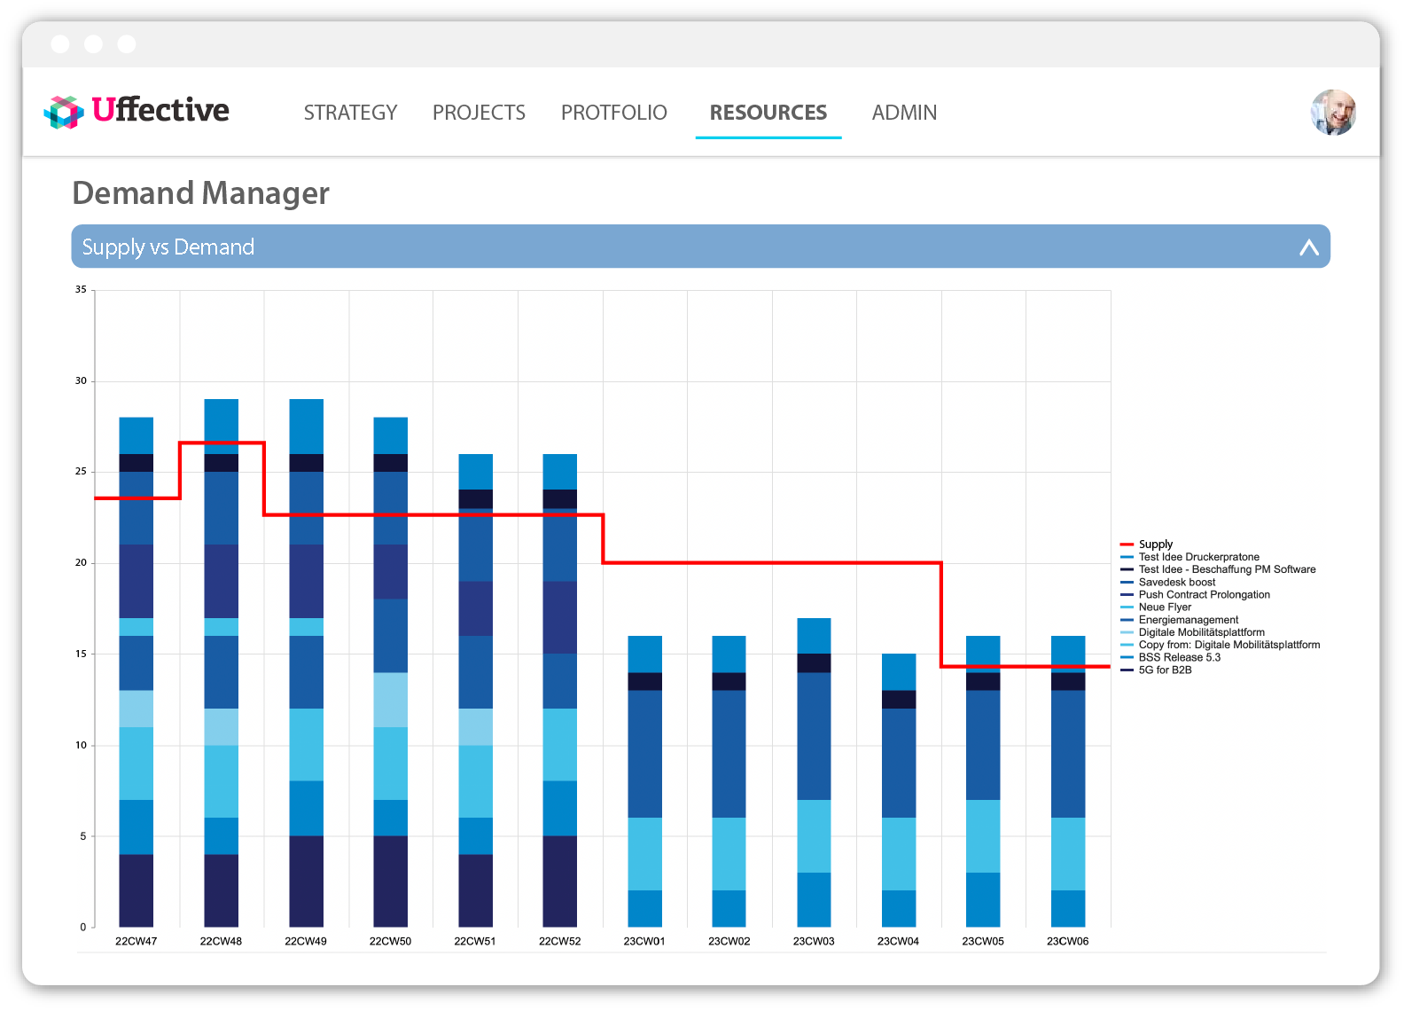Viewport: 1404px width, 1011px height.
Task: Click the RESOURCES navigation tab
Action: tap(768, 113)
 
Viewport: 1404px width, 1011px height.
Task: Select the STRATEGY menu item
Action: tap(350, 113)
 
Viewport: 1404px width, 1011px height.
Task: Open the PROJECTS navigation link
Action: tap(479, 113)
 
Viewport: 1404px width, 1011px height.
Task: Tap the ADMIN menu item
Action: tap(904, 113)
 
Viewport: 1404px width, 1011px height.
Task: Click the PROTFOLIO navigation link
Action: tap(613, 113)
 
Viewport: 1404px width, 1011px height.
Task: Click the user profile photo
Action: tap(1333, 113)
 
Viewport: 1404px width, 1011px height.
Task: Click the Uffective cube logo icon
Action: tap(63, 113)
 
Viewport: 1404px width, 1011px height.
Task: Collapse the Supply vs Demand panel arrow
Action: tap(1308, 247)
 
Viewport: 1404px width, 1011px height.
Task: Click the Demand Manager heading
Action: tap(200, 193)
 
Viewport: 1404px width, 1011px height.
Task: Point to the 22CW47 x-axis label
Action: tap(136, 941)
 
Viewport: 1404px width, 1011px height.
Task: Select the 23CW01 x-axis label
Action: tap(644, 941)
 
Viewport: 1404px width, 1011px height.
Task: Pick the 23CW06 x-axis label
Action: tap(1067, 941)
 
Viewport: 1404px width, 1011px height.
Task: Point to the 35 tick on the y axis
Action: tap(81, 289)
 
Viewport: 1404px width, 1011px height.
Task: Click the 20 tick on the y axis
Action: tap(81, 562)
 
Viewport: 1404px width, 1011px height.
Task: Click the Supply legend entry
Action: tap(1155, 545)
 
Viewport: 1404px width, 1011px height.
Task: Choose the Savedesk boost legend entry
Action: tap(1176, 583)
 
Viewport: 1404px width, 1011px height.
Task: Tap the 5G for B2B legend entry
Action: tap(1165, 670)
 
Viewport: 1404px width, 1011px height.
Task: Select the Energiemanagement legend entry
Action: tap(1188, 620)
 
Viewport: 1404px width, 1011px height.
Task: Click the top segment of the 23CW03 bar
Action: tap(814, 635)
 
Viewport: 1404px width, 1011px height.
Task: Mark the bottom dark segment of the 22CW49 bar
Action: tap(306, 881)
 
